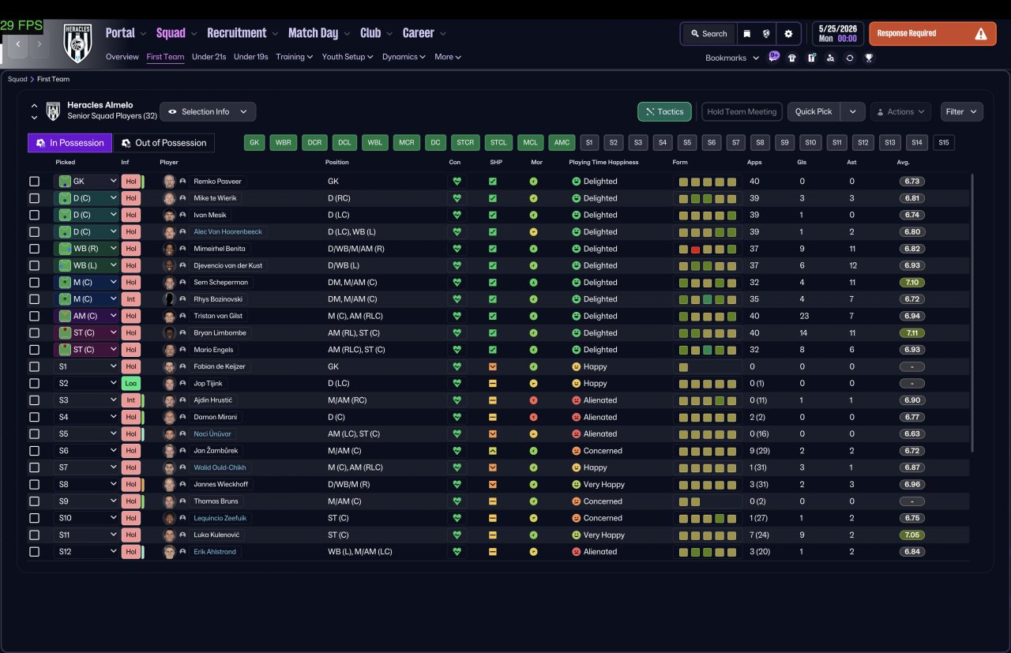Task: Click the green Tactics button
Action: tap(664, 111)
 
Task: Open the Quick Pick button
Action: tap(814, 111)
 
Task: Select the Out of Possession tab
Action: tap(163, 143)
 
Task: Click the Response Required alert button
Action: tap(932, 33)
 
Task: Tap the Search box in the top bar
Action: tap(709, 33)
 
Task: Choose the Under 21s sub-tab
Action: tap(209, 57)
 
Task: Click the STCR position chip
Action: tap(465, 143)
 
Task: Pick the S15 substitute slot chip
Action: tap(943, 143)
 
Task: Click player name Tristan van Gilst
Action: tap(218, 316)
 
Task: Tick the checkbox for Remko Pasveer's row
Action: tap(34, 182)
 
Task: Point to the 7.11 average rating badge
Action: tap(911, 333)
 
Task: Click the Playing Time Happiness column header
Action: tap(603, 162)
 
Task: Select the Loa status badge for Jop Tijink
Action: tap(131, 383)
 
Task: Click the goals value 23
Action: tap(804, 316)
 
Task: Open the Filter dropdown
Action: tap(961, 111)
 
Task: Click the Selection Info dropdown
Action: tap(208, 111)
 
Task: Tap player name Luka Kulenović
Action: tap(216, 535)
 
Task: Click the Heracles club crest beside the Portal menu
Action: tap(77, 43)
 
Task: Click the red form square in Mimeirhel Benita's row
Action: tap(695, 249)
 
